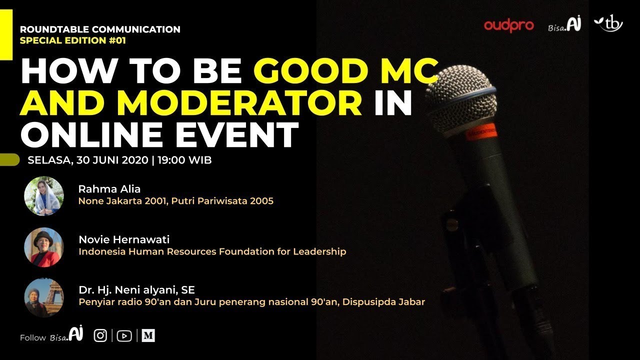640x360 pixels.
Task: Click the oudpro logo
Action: click(x=509, y=25)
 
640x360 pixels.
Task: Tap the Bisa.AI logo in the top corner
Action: click(x=564, y=25)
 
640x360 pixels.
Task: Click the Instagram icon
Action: click(x=100, y=336)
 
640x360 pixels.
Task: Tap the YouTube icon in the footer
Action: click(x=124, y=336)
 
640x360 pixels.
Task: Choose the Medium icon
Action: click(x=148, y=336)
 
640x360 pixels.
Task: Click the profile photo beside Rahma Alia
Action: click(x=44, y=196)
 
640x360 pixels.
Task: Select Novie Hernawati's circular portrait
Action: click(x=44, y=247)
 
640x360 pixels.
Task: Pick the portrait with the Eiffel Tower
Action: click(x=44, y=298)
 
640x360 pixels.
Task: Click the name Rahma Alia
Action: click(x=109, y=189)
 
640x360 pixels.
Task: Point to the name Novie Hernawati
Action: click(x=124, y=239)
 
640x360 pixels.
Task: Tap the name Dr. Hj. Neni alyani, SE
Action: click(x=136, y=290)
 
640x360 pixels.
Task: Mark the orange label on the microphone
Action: click(x=480, y=131)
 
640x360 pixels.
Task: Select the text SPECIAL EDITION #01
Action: click(x=73, y=40)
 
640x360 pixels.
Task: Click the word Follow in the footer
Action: click(x=33, y=338)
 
